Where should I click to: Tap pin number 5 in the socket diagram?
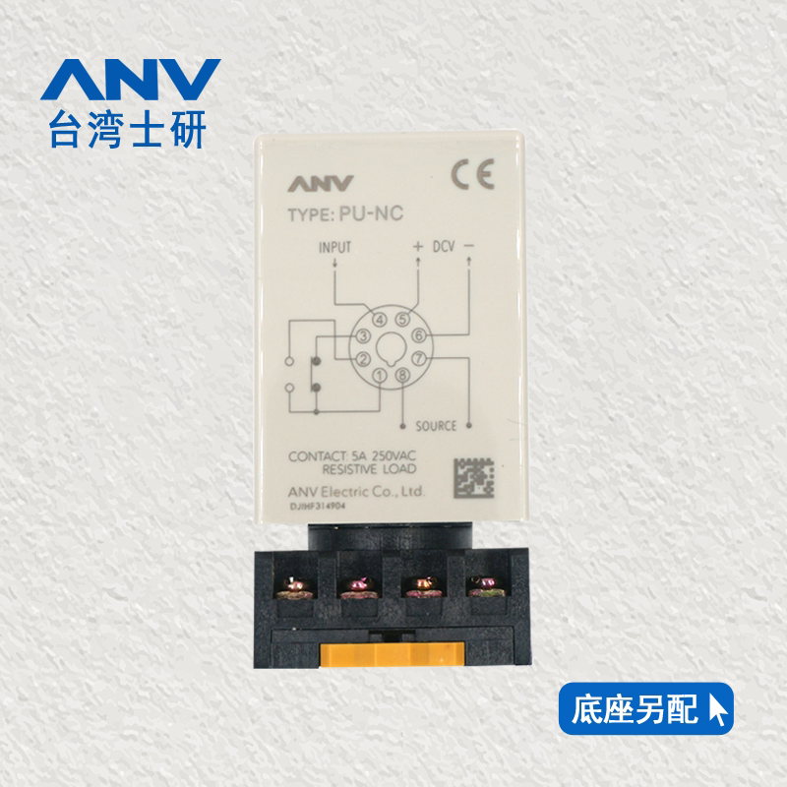[x=402, y=319]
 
